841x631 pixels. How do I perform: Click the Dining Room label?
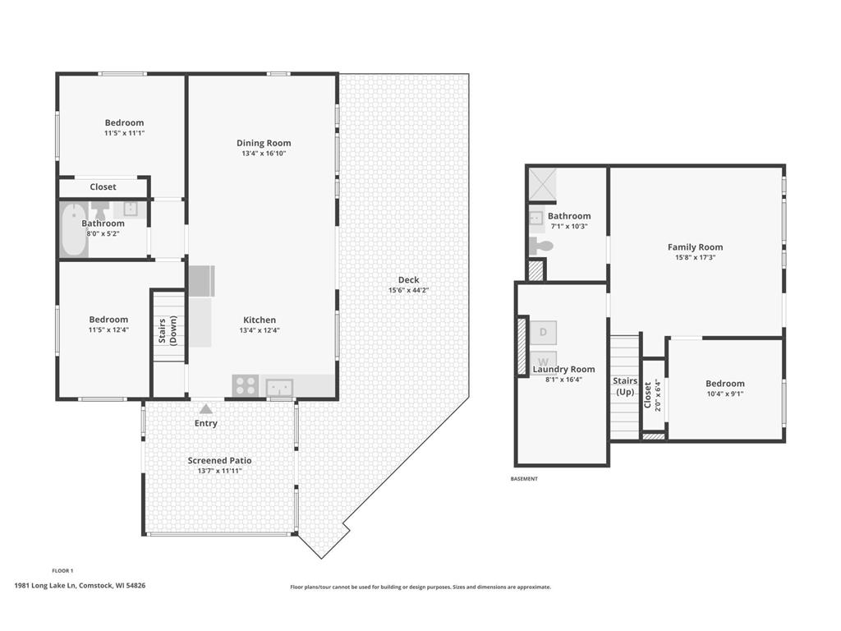coord(264,143)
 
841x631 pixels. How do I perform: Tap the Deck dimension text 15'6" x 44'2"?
coord(409,290)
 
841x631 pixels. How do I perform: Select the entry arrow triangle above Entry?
coord(206,409)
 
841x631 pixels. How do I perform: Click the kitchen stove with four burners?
coord(246,385)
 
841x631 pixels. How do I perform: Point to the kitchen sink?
coord(279,387)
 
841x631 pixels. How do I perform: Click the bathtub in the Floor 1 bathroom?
coord(74,230)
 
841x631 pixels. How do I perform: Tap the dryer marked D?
coord(543,333)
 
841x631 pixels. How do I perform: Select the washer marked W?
coord(543,360)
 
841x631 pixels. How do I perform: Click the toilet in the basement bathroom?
coord(540,246)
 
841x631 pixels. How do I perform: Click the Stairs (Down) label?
coord(168,331)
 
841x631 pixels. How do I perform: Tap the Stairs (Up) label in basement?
coord(625,386)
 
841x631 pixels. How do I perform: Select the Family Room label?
coord(695,246)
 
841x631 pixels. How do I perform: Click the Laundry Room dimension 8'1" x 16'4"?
coord(563,380)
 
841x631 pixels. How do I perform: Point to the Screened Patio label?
coord(219,460)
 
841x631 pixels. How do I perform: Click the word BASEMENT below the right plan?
coord(524,479)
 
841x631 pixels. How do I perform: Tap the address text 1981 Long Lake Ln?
coord(46,585)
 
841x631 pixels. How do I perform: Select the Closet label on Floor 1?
coord(103,187)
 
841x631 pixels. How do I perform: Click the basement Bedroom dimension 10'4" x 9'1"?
coord(725,394)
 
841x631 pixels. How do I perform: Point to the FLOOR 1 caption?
coord(62,570)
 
